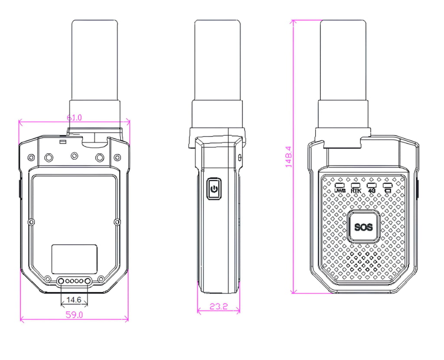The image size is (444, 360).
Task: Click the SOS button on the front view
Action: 363,227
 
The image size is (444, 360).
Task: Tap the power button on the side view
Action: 213,189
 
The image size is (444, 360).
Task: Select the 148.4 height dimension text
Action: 289,156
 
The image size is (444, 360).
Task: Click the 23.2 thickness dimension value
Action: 219,306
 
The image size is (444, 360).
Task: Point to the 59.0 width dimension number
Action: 74,315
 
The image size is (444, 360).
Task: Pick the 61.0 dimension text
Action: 74,117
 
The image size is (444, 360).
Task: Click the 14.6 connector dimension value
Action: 74,299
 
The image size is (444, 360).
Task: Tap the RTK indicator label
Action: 356,190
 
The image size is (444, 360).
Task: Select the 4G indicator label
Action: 371,190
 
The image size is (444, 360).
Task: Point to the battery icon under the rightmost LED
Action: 387,190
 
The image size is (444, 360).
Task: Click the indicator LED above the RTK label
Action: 356,185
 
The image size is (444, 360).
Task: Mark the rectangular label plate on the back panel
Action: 74,259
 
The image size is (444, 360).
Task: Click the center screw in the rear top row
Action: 74,156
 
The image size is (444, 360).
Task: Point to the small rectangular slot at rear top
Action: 63,142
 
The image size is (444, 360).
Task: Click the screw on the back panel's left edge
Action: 31,222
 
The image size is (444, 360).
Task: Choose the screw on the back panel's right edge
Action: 117,222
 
